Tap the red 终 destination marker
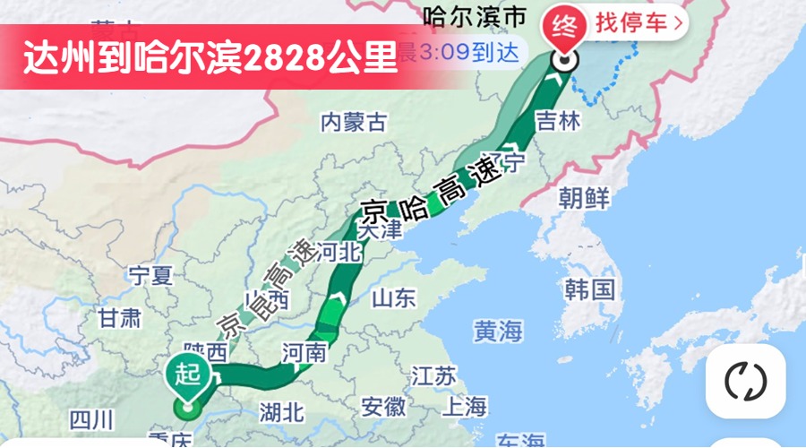563,25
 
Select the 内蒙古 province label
354,122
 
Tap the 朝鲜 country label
584,198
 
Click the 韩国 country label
589,289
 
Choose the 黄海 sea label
498,332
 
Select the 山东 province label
394,297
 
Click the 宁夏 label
150,275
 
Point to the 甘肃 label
119,317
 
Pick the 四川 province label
91,418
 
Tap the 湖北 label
282,412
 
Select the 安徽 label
384,407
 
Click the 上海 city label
465,406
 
